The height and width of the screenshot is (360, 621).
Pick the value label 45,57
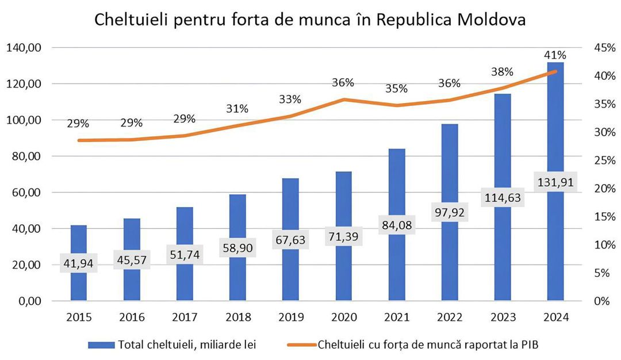(131, 260)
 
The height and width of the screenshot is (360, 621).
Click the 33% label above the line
(290, 99)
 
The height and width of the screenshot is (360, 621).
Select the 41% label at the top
(555, 55)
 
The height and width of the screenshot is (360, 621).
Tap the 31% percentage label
(237, 109)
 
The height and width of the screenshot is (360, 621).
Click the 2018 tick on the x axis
(237, 317)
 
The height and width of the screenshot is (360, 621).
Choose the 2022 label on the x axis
(449, 317)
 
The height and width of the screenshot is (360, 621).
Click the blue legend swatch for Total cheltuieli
(101, 344)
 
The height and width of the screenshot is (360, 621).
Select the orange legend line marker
(301, 344)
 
